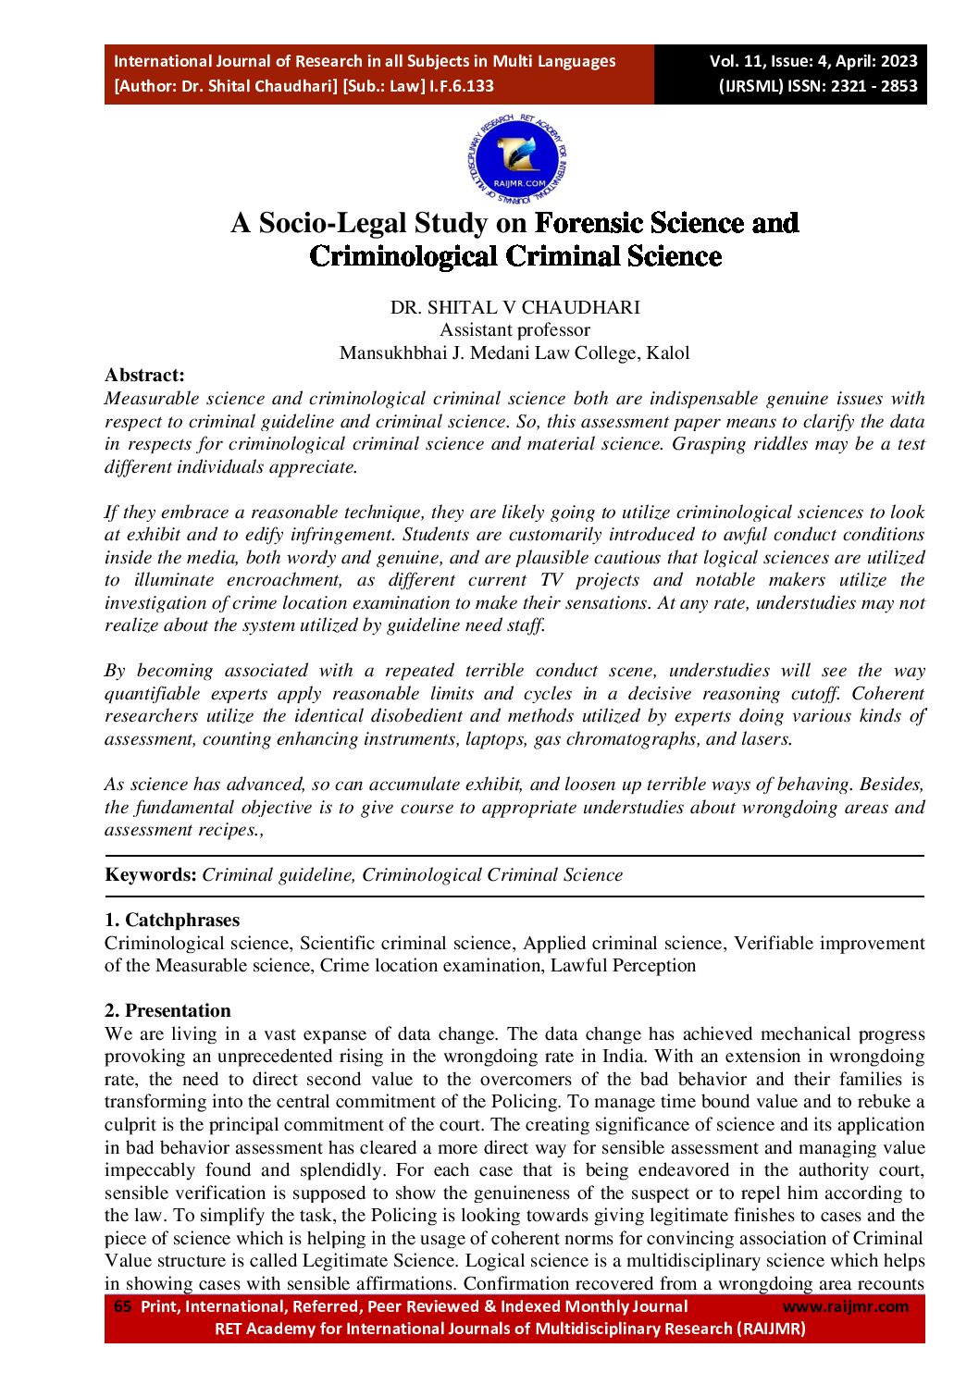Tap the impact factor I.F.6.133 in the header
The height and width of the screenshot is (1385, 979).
point(461,86)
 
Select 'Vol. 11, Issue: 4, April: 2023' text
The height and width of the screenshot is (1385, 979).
point(813,61)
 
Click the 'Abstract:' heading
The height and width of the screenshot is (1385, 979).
point(144,375)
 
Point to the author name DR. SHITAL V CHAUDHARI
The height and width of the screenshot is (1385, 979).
point(514,307)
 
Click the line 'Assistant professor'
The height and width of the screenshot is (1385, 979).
point(514,329)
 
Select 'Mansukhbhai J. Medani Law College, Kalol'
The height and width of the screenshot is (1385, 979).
point(514,352)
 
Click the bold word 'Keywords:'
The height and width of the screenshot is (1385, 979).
point(151,874)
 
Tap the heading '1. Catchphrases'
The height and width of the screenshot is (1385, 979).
point(172,920)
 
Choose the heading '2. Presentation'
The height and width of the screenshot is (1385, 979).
point(167,1010)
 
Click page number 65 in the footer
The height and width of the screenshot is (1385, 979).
point(122,1306)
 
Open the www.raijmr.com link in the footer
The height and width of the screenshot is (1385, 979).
point(846,1306)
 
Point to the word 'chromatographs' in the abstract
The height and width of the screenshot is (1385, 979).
point(633,738)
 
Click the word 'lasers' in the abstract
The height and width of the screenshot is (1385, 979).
point(765,738)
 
